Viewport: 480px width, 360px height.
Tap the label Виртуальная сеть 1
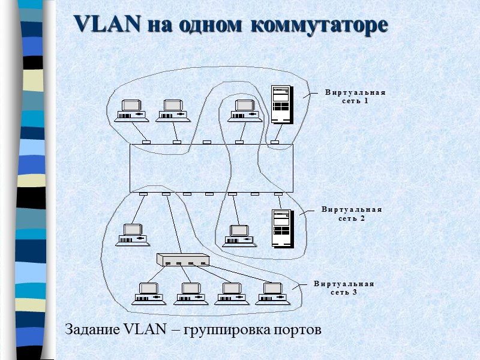point(355,97)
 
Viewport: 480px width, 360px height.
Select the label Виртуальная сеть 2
point(352,214)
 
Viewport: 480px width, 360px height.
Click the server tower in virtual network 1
point(281,104)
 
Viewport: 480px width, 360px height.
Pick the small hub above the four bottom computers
point(182,260)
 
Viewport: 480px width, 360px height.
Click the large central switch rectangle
point(210,169)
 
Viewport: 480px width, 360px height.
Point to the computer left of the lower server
point(239,235)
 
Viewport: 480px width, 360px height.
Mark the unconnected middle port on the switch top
point(207,142)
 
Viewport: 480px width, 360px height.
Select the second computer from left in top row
point(173,110)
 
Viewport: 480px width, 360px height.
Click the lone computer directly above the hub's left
point(133,235)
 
